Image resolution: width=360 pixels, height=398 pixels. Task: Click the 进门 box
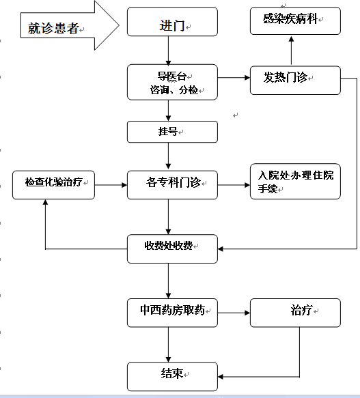172,22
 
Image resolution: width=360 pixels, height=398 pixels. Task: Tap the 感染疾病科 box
295,20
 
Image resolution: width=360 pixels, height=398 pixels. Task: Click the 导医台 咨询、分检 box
172,82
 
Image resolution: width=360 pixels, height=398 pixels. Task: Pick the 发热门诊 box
295,80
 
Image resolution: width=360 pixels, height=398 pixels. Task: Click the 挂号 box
172,132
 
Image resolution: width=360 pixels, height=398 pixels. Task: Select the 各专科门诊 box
172,185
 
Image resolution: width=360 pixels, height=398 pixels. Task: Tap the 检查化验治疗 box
53,185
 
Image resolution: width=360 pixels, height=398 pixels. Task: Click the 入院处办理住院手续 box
295,181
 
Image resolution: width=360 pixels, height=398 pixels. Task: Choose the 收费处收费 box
172,248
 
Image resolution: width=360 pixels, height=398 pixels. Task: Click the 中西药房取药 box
172,313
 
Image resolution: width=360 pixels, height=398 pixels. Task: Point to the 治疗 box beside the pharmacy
295,313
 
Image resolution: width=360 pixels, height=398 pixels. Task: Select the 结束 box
172,377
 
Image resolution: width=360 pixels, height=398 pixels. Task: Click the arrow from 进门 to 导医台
168,51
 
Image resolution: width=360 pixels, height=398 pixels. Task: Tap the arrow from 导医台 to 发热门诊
234,78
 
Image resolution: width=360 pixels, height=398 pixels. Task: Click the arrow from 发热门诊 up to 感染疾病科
292,51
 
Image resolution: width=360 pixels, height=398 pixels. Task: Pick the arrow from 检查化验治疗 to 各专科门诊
111,185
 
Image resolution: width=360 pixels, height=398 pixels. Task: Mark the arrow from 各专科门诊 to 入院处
234,185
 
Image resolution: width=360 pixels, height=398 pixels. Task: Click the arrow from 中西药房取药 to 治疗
234,313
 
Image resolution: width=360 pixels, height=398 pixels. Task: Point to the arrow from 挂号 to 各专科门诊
168,156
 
